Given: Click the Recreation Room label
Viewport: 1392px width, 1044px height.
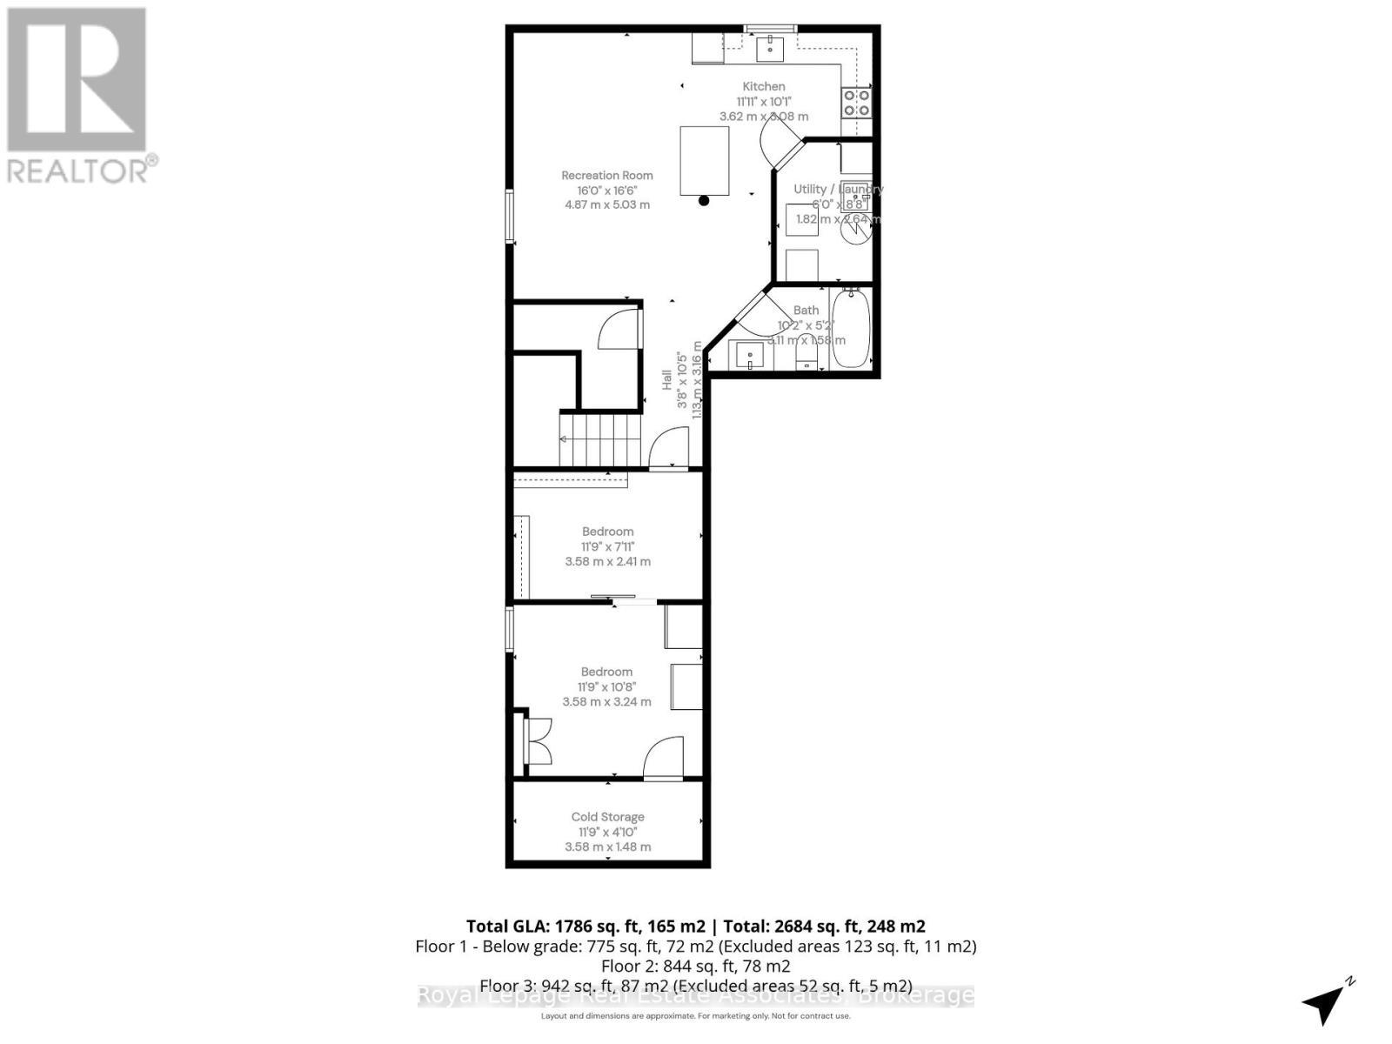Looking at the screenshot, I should click(x=606, y=175).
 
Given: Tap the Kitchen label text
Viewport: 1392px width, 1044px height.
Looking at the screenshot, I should click(x=763, y=86).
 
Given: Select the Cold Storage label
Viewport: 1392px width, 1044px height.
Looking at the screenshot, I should click(x=607, y=817).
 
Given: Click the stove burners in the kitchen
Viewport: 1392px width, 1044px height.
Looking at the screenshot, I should click(x=856, y=104).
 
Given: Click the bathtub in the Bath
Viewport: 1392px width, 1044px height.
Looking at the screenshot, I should click(x=851, y=329).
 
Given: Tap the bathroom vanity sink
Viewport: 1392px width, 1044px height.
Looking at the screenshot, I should click(x=750, y=355).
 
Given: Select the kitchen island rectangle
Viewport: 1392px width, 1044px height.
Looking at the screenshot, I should click(x=704, y=161).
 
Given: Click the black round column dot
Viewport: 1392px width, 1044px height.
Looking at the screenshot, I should click(x=704, y=201).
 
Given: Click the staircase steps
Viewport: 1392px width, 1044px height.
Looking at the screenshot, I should click(x=600, y=440).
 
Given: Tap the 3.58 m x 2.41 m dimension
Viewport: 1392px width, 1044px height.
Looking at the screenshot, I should click(x=607, y=561).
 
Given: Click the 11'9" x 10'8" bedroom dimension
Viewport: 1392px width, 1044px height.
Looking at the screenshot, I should click(x=607, y=686).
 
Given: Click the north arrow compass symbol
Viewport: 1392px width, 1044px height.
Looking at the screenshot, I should click(x=1326, y=1002).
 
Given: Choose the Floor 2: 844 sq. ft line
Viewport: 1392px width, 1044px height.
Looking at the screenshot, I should click(x=695, y=966).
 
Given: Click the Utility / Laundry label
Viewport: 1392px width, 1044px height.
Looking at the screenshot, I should click(x=837, y=189).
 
